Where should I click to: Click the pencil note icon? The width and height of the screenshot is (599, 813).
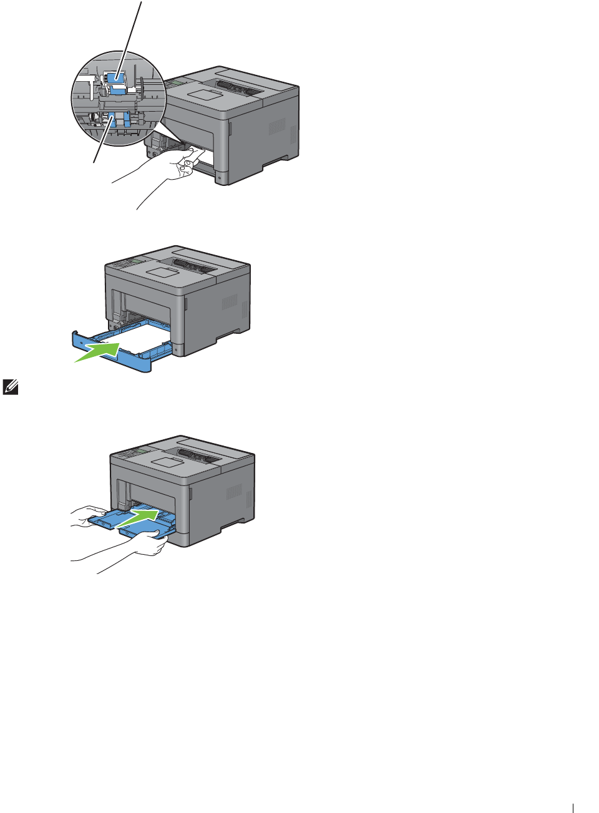pyautogui.click(x=11, y=387)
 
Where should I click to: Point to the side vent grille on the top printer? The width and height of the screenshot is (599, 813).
pyautogui.click(x=276, y=127)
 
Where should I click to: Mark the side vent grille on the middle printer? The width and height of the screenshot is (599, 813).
pyautogui.click(x=230, y=302)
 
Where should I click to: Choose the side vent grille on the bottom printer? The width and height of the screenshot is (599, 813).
pyautogui.click(x=234, y=491)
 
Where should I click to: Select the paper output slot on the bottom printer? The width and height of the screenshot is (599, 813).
pyautogui.click(x=199, y=455)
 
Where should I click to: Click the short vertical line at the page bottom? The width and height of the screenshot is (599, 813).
pyautogui.click(x=573, y=807)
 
